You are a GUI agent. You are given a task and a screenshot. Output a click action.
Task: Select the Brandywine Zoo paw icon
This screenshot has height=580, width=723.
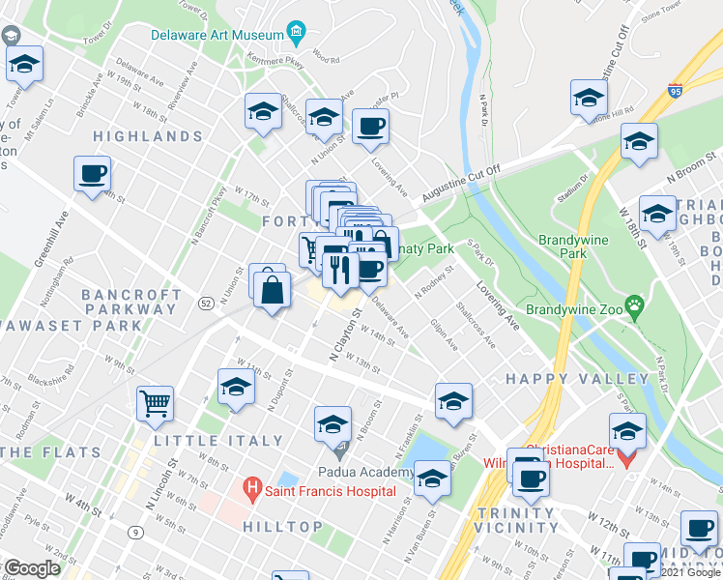[x=634, y=308]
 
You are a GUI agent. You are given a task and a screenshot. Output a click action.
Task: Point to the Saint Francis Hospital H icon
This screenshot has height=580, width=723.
[x=252, y=491]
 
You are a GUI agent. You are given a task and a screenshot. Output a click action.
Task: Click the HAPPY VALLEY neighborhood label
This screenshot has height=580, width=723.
[x=578, y=378]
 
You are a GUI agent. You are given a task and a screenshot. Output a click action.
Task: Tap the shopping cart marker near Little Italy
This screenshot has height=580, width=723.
[x=155, y=403]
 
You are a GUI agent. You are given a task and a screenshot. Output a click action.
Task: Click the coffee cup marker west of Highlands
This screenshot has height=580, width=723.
[x=92, y=175]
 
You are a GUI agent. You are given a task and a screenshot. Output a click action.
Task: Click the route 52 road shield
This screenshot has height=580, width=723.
[x=206, y=304]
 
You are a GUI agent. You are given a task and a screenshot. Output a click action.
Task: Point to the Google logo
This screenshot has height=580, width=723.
[x=32, y=568]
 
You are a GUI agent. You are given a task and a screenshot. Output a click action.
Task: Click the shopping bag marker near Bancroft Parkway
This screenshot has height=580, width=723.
[x=274, y=291]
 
